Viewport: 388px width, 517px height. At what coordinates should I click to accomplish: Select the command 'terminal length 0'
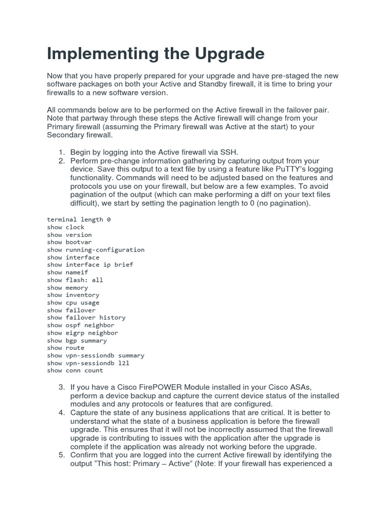(78, 220)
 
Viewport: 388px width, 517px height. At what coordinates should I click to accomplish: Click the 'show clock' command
(66, 227)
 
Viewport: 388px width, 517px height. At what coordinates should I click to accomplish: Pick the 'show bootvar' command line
(69, 242)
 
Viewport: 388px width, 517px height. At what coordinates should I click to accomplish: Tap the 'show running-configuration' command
(95, 250)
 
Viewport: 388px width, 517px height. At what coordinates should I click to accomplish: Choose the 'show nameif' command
(67, 273)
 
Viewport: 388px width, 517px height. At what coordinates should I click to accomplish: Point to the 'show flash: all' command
(75, 280)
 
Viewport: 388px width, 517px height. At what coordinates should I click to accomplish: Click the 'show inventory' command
(73, 295)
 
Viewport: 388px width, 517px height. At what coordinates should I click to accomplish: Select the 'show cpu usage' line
(73, 302)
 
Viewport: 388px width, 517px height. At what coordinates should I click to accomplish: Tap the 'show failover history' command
(86, 318)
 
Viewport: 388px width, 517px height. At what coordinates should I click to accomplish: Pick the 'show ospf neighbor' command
(80, 325)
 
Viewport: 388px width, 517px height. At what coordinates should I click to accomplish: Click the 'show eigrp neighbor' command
(82, 333)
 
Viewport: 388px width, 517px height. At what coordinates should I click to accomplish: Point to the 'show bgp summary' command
(77, 340)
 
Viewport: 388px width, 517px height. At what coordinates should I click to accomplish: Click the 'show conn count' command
(75, 371)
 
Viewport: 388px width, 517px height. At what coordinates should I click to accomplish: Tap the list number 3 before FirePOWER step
(61, 387)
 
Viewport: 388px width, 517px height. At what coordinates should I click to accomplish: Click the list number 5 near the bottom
(61, 455)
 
